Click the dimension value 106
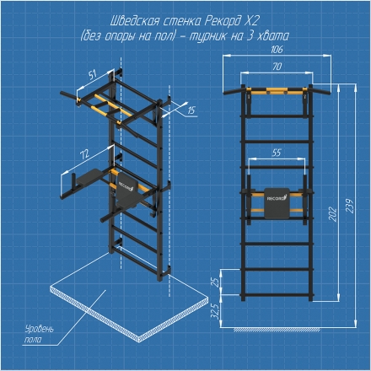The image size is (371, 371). tap(277, 50)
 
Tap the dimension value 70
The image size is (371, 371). tap(277, 67)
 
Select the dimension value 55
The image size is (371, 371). tap(277, 153)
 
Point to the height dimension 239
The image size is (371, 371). tap(349, 206)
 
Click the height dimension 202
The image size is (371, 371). tap(333, 214)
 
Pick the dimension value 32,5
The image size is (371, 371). tap(216, 311)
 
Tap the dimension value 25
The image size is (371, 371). tap(216, 282)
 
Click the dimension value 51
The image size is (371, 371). tap(93, 75)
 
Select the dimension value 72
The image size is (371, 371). tap(84, 154)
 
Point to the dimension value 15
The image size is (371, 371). tap(191, 110)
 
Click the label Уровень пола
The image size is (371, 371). tap(39, 334)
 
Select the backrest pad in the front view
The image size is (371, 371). tap(277, 203)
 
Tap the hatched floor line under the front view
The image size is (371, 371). tap(277, 330)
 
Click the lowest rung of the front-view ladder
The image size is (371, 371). tap(277, 295)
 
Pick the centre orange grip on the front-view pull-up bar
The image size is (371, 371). tap(277, 90)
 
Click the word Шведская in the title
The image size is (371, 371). tap(132, 21)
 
